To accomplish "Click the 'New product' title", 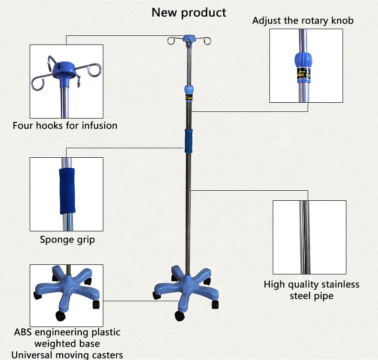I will coord(189,12).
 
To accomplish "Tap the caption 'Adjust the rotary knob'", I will coord(303,21).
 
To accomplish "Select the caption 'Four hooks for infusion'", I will coord(65,126).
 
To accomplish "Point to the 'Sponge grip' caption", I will coord(67,240).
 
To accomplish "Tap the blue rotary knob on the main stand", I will coord(189,89).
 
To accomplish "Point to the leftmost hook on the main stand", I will coord(169,42).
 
